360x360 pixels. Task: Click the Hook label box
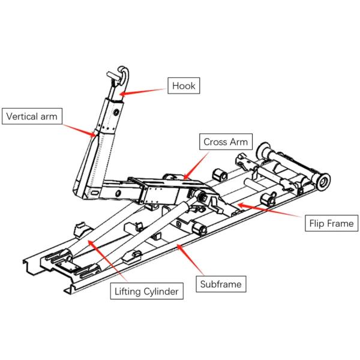pos(183,86)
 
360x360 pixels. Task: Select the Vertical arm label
pos(32,116)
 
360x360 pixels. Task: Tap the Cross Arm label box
pos(225,142)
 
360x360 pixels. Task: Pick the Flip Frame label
pos(331,224)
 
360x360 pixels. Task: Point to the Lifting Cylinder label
pos(146,292)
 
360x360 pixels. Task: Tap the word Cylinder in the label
pos(160,292)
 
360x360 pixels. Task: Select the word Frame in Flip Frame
pos(341,224)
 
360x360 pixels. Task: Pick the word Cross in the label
pos(215,142)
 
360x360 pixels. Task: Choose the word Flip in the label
pos(318,224)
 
